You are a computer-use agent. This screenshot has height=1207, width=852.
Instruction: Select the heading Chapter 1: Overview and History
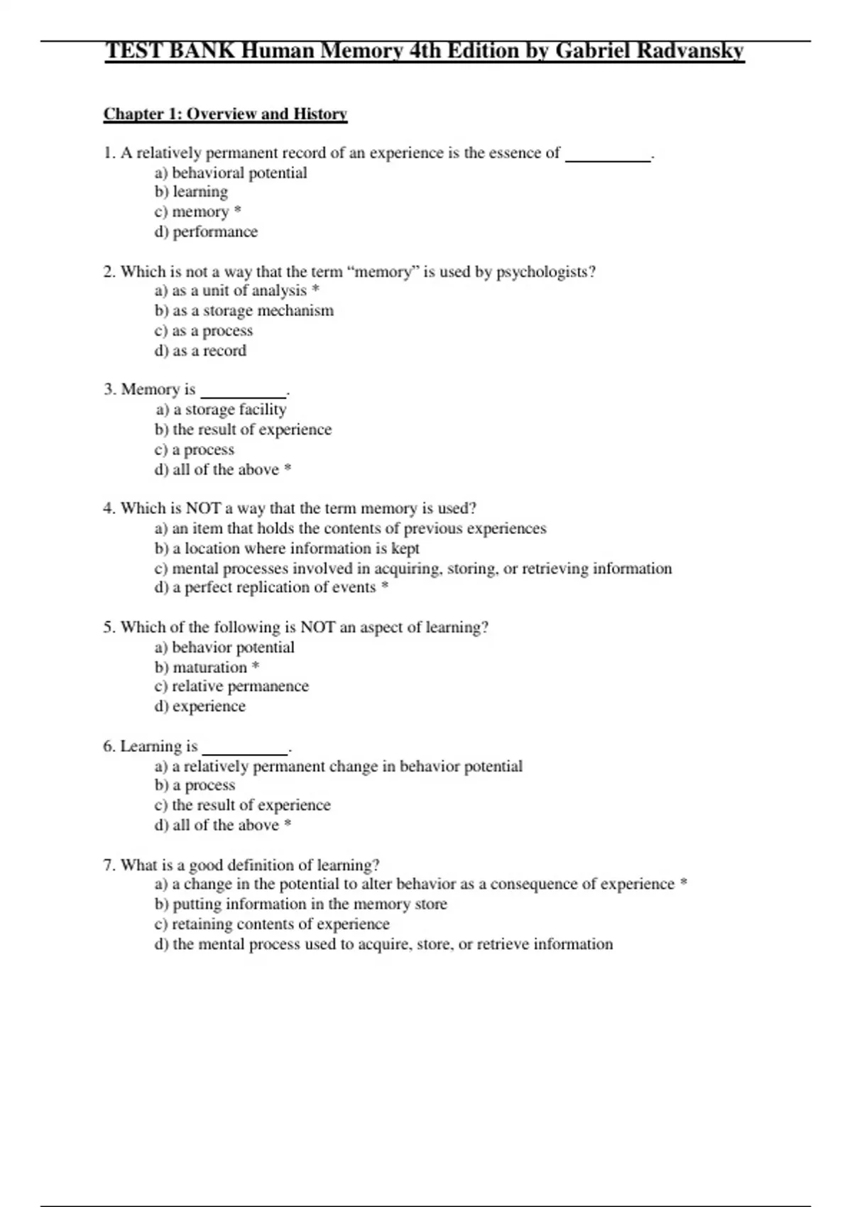point(225,114)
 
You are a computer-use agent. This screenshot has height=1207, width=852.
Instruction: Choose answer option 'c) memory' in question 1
point(192,212)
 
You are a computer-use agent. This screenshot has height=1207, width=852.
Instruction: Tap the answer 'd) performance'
point(206,231)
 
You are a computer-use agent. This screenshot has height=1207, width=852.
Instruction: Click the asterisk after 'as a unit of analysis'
point(316,290)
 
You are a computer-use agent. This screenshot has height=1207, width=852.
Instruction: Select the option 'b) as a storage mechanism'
point(244,310)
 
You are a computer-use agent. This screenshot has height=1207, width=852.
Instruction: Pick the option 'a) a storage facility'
point(221,410)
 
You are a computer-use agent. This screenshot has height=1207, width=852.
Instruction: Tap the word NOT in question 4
point(204,508)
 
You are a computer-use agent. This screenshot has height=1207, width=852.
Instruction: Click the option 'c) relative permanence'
point(231,687)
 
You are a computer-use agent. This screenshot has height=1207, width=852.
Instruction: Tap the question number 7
point(109,865)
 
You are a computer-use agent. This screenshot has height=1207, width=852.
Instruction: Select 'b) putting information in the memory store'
point(301,904)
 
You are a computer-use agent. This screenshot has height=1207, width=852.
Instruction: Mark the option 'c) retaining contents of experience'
point(272,924)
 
